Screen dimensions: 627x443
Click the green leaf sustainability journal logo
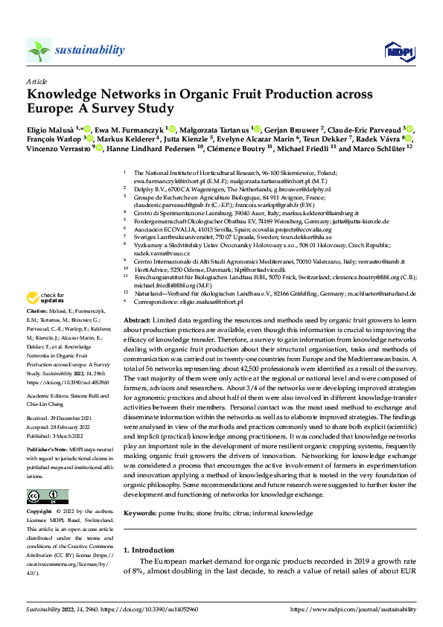click(x=39, y=50)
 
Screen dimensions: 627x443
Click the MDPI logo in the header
click(x=395, y=50)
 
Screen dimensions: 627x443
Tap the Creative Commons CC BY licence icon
click(x=42, y=496)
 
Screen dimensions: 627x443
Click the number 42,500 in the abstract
click(x=252, y=368)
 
